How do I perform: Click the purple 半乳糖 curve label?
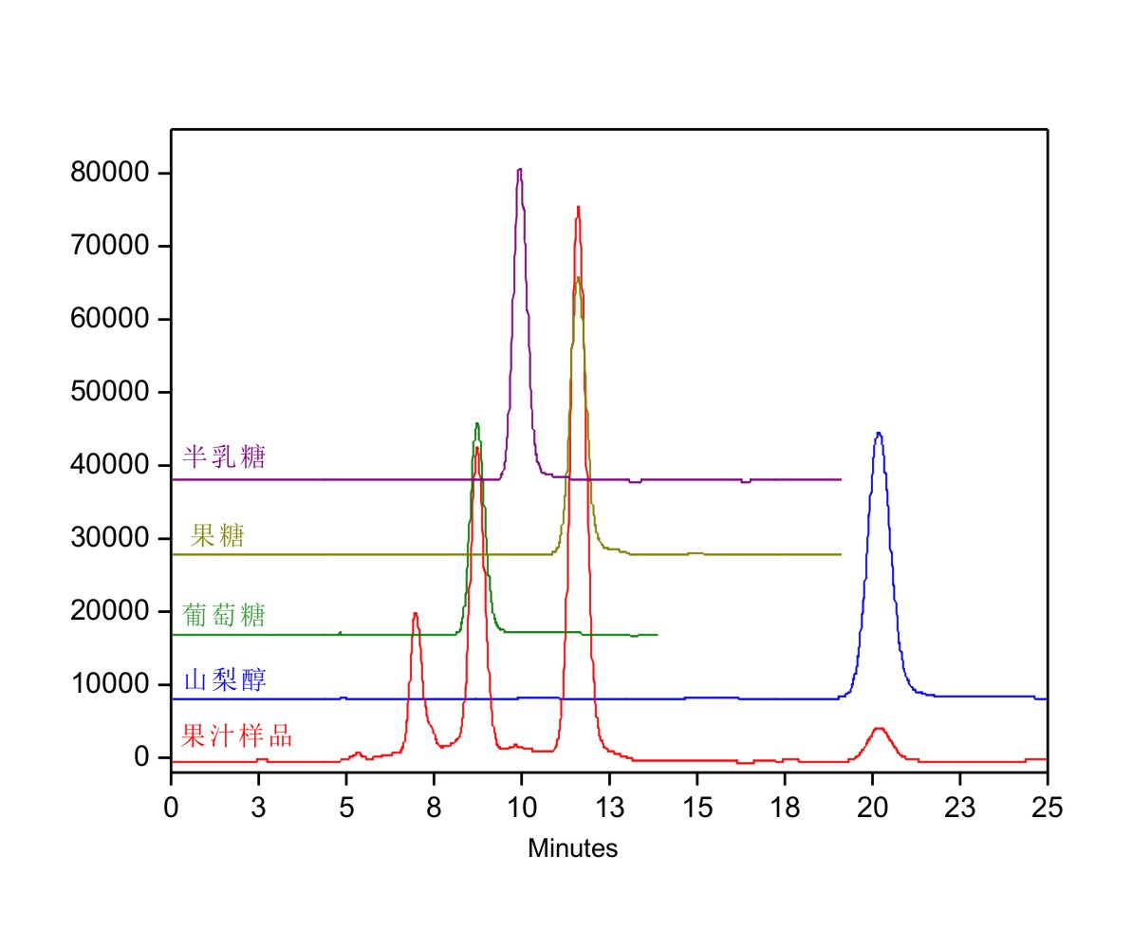pos(224,457)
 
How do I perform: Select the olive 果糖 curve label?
pos(217,537)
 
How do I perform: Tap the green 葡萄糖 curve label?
pos(224,615)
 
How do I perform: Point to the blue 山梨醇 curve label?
pos(224,680)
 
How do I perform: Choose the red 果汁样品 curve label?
pos(236,735)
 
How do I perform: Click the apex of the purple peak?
pos(519,170)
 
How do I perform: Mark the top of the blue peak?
pos(879,434)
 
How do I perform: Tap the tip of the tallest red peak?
pos(578,207)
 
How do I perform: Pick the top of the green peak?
pos(476,424)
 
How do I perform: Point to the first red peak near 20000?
pos(415,614)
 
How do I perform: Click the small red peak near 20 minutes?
pos(879,729)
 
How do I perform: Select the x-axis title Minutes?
pos(572,848)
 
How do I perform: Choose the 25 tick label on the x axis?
pos(1047,809)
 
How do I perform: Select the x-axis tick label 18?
pos(784,809)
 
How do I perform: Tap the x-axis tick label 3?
pos(258,809)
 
